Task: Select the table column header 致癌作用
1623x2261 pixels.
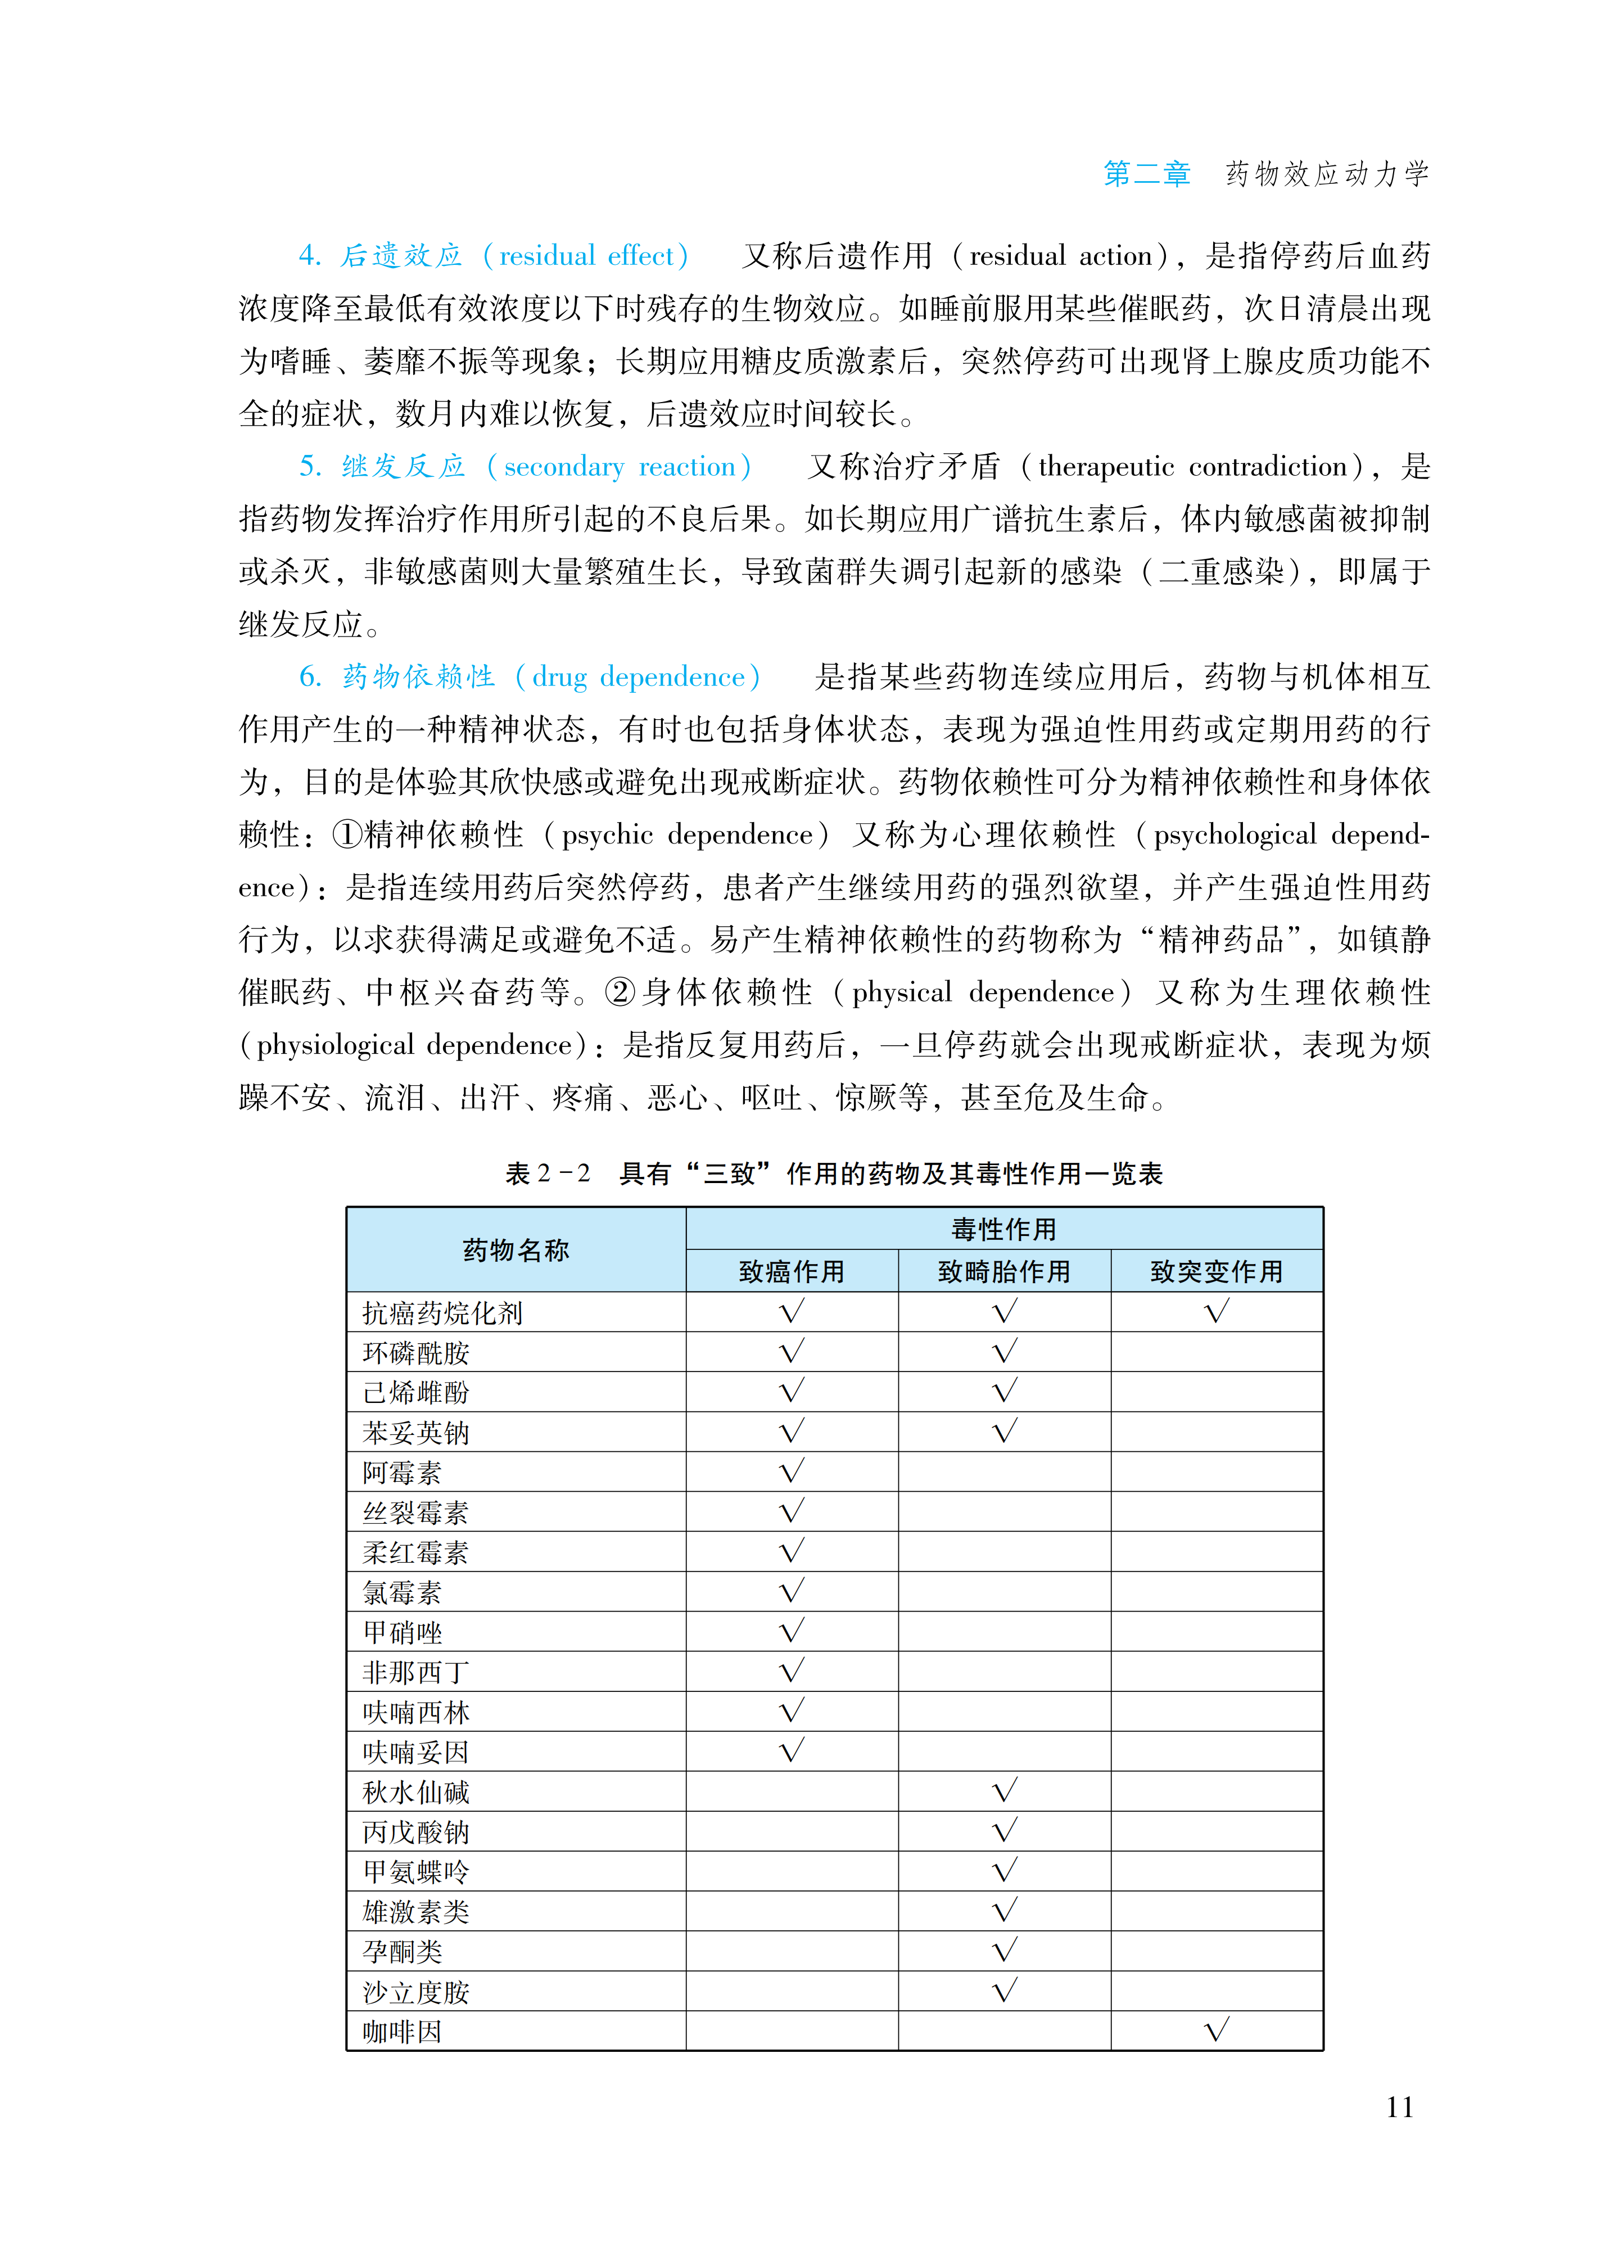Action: (x=792, y=1271)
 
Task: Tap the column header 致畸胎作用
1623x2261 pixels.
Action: (x=1004, y=1271)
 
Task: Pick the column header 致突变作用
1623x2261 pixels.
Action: (x=1216, y=1271)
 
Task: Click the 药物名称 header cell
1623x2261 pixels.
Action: (x=516, y=1250)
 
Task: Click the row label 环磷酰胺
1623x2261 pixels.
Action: (x=415, y=1353)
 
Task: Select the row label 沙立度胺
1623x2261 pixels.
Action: (x=415, y=1992)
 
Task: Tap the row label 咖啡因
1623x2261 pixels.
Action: (x=402, y=2032)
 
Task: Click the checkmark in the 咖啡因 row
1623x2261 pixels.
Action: (x=1216, y=2030)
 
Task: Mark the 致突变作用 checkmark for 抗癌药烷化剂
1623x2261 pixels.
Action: (x=1216, y=1311)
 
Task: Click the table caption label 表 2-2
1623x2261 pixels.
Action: (x=548, y=1174)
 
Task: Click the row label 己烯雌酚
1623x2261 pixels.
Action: (x=415, y=1393)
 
